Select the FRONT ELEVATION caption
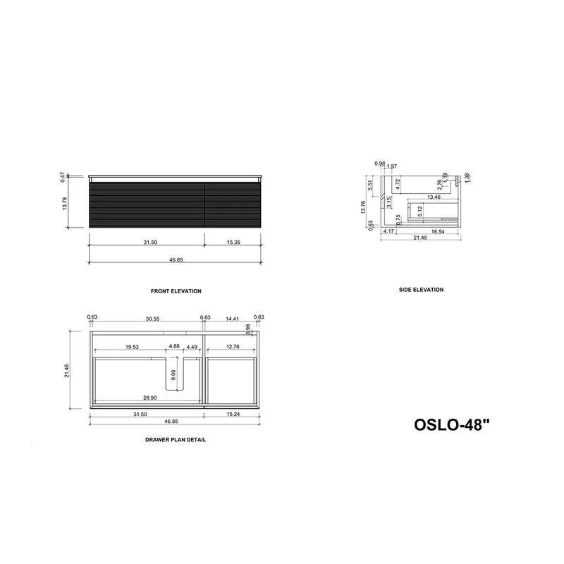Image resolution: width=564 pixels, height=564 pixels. pos(176,291)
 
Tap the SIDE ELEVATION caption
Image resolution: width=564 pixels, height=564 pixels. pos(420,290)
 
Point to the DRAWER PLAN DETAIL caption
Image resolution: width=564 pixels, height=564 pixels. pos(176,440)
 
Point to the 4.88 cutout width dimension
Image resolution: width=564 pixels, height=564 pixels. pos(173,347)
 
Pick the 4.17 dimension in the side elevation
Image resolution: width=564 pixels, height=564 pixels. pos(388,231)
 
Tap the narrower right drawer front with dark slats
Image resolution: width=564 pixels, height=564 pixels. pos(232,204)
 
